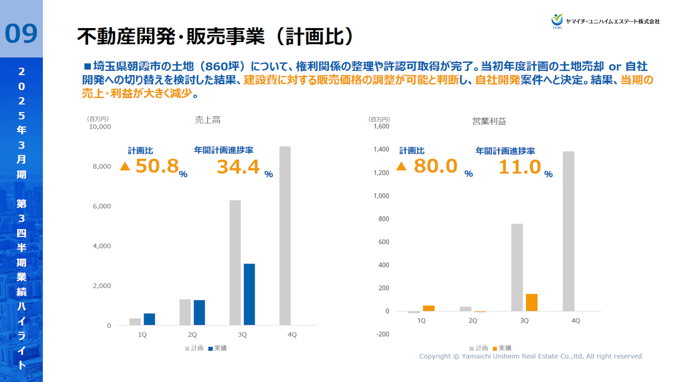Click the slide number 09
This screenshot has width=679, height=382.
pos(21,33)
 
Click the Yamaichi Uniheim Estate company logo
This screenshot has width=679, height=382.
pos(605,21)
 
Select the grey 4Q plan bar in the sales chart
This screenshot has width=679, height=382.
pos(285,236)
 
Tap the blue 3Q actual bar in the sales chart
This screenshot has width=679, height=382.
pos(249,294)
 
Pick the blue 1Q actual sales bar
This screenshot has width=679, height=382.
pos(149,319)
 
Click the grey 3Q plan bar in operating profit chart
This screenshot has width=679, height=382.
pos(517,267)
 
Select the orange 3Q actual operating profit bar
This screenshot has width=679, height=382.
pos(532,302)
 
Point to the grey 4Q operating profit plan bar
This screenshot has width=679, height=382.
pos(568,231)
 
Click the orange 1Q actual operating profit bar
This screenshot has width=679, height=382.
pos(429,308)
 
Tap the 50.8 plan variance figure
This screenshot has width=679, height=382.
pos(157,166)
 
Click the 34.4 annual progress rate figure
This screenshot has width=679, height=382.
pos(238,167)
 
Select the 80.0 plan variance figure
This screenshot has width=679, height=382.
pos(436,166)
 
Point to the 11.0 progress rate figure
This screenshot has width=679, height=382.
pos(519,167)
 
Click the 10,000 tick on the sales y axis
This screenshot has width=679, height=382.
pos(100,127)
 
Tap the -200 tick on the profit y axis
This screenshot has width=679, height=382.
pos(382,334)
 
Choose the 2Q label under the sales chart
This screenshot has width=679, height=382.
pos(192,335)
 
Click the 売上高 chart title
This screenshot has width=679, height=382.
pos(207,120)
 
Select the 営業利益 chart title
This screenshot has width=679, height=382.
pos(489,121)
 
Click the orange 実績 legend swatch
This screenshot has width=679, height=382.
pos(495,349)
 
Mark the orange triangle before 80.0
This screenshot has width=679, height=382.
pos(402,167)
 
